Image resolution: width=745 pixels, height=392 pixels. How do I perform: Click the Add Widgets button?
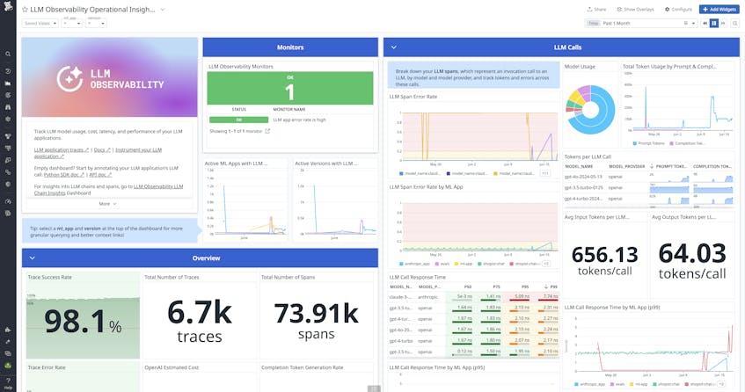[x=719, y=9]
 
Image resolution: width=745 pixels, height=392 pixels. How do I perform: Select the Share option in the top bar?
[x=599, y=9]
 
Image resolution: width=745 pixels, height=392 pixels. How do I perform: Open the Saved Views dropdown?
[x=39, y=24]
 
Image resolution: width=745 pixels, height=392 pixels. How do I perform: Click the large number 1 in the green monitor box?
[x=289, y=93]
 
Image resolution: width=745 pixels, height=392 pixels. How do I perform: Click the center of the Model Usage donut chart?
[x=589, y=106]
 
